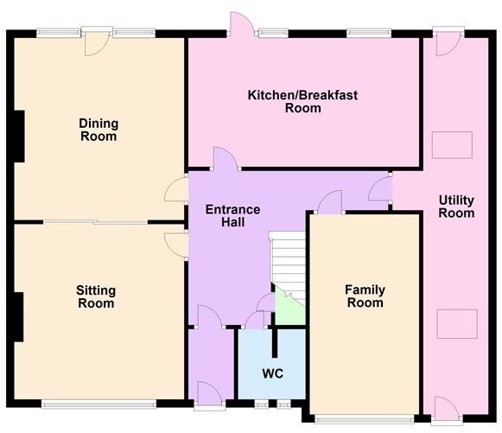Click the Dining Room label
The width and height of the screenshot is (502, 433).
[98, 130]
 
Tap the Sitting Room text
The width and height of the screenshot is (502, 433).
[96, 297]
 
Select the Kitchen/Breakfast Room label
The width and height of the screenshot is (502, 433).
[303, 101]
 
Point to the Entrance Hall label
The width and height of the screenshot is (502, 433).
[232, 216]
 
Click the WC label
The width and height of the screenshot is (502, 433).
[273, 373]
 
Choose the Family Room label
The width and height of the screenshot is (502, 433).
[365, 296]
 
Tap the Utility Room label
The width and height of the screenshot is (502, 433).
[456, 207]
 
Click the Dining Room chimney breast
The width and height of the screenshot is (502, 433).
[19, 137]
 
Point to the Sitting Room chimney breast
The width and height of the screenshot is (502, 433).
[18, 317]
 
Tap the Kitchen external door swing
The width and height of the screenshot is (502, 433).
[242, 22]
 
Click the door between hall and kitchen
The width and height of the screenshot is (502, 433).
[226, 158]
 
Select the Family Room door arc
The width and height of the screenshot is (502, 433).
[330, 201]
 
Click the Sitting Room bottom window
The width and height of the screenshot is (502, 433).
[98, 404]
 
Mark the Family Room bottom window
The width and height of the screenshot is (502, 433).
[364, 419]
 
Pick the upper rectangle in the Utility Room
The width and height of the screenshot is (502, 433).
[452, 144]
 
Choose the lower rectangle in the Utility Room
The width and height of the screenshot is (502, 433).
[457, 323]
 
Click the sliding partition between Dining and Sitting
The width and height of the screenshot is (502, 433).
[95, 222]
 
